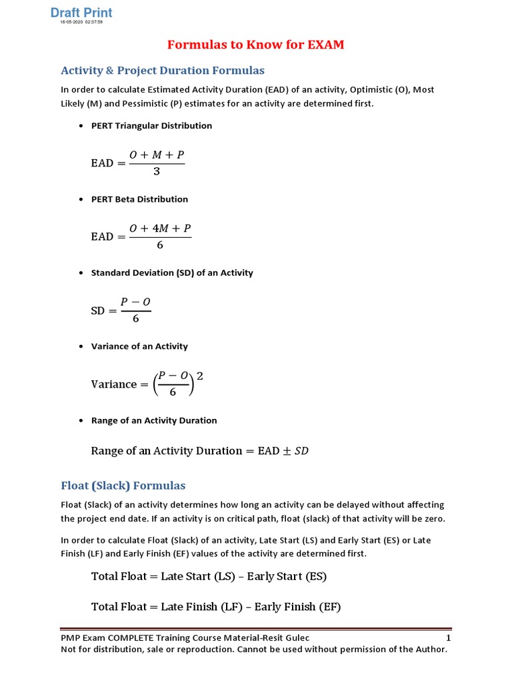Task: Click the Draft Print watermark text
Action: point(82,13)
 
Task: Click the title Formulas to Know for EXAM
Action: point(255,45)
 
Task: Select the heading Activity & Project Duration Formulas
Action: point(163,70)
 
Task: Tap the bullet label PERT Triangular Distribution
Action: point(151,125)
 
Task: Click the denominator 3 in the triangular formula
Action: point(157,172)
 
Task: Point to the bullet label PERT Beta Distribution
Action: point(139,198)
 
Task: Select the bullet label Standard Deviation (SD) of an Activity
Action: point(172,272)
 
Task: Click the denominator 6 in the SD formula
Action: point(136,319)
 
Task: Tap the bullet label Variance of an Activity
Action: point(139,346)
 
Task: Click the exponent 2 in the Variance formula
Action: point(199,376)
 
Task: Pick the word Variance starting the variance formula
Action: point(113,384)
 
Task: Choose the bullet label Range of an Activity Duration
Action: point(154,420)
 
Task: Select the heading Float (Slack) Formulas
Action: point(123,485)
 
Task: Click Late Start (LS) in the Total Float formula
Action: point(198,576)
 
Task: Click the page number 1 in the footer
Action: point(448,638)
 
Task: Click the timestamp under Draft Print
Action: point(81,22)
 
